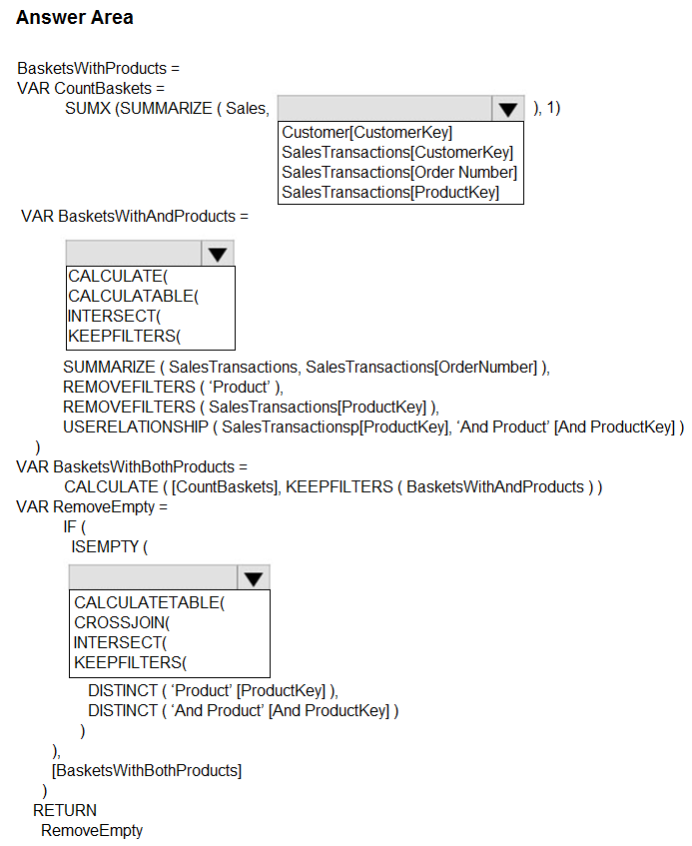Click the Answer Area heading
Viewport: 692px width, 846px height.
[x=75, y=17]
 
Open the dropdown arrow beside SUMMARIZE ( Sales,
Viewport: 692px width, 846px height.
[x=507, y=109]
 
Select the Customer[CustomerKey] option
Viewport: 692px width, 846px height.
[x=366, y=132]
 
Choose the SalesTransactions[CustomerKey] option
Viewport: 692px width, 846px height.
[x=397, y=152]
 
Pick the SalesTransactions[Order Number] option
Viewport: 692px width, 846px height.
[x=399, y=172]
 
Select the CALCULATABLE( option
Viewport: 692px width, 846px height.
[x=133, y=297]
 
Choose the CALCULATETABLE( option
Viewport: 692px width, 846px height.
[x=150, y=602]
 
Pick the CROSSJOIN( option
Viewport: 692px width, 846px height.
[x=122, y=622]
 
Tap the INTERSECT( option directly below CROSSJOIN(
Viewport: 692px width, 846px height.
[x=120, y=642]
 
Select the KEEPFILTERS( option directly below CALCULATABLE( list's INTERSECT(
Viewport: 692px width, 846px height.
[x=124, y=337]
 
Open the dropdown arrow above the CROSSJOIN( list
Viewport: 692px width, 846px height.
[x=253, y=578]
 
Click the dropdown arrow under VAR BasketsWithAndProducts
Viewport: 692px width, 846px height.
[x=218, y=254]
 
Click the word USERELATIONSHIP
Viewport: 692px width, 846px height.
[x=136, y=426]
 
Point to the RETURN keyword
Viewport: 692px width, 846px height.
[x=65, y=810]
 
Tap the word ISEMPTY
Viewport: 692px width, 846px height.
[x=105, y=546]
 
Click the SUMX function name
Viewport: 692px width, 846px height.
[x=88, y=109]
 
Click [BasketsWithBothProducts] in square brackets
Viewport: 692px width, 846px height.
[x=147, y=770]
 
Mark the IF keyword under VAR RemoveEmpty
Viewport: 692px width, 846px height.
[x=70, y=526]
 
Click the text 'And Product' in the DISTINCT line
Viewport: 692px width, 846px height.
[x=218, y=710]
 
